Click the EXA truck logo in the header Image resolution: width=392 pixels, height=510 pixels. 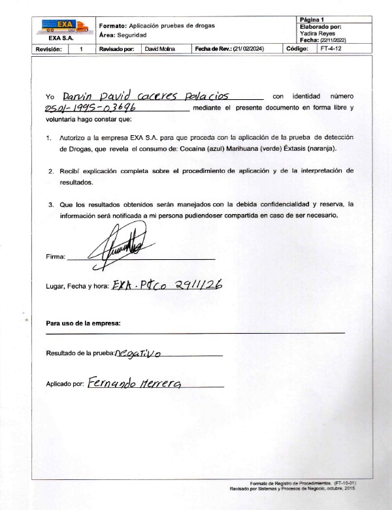[x=64, y=26]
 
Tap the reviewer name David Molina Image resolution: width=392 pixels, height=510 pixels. [x=159, y=49]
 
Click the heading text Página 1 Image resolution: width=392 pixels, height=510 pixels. [x=312, y=20]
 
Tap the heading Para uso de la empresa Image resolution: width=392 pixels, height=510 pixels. [x=83, y=323]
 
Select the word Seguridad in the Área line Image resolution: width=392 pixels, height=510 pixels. [x=132, y=35]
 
